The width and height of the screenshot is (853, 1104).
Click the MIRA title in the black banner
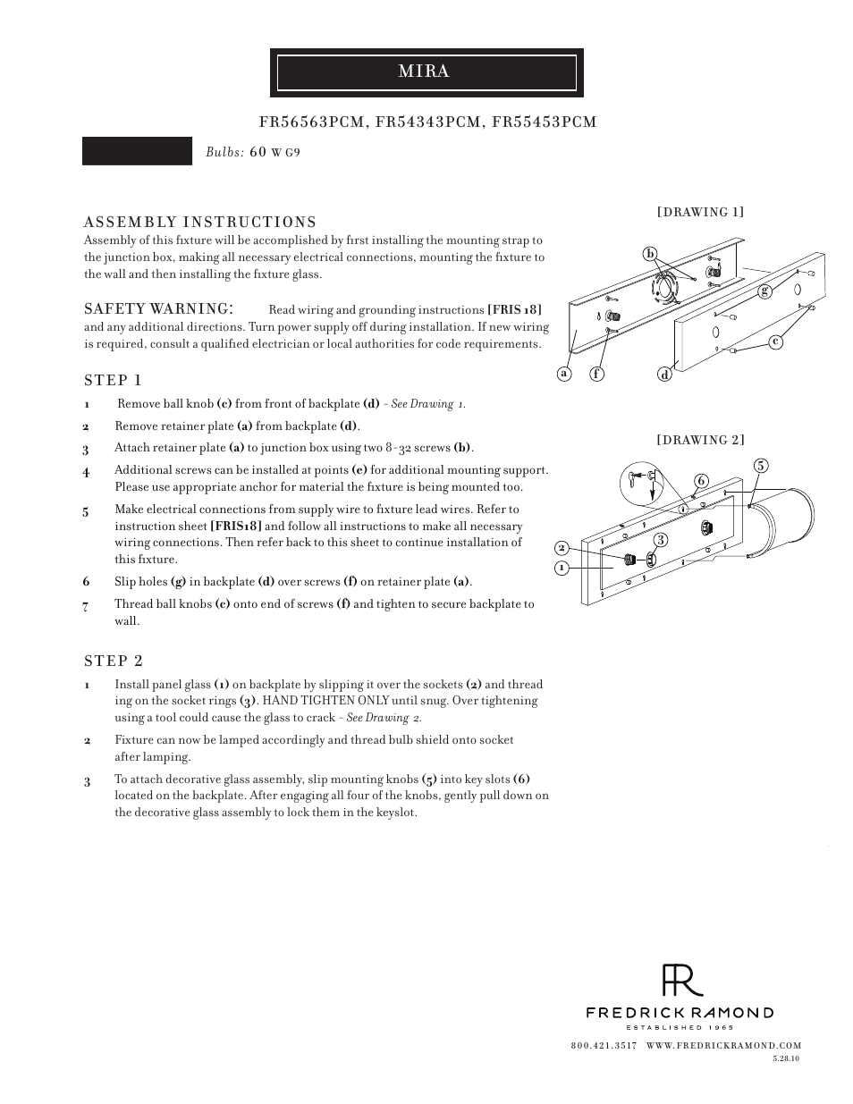coord(424,72)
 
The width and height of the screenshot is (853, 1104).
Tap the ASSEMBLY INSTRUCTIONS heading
coord(200,222)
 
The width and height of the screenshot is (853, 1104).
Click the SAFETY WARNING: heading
coord(159,308)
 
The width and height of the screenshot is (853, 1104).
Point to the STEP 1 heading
coord(113,380)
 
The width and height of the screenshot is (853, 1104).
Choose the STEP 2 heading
coord(114,661)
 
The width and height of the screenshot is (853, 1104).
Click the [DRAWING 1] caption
coord(700,212)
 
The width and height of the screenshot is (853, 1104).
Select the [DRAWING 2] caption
coord(700,440)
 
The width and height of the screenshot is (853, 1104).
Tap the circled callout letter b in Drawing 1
coord(651,255)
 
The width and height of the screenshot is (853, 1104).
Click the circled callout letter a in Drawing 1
coord(563,374)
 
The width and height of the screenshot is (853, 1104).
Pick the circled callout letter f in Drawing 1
coord(596,374)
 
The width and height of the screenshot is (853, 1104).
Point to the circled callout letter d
coord(665,375)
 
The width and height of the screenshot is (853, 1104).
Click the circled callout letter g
coord(764,291)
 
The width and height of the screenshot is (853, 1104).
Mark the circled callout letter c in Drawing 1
coord(775,341)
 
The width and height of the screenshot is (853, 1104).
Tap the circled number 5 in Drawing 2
coord(760,465)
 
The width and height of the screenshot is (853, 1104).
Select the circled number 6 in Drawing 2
coord(701,481)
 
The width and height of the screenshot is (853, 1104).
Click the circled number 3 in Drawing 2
coord(660,539)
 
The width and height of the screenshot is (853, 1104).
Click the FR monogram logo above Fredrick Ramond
coord(681,981)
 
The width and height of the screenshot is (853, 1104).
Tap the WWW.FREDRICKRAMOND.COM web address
coord(723,1045)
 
